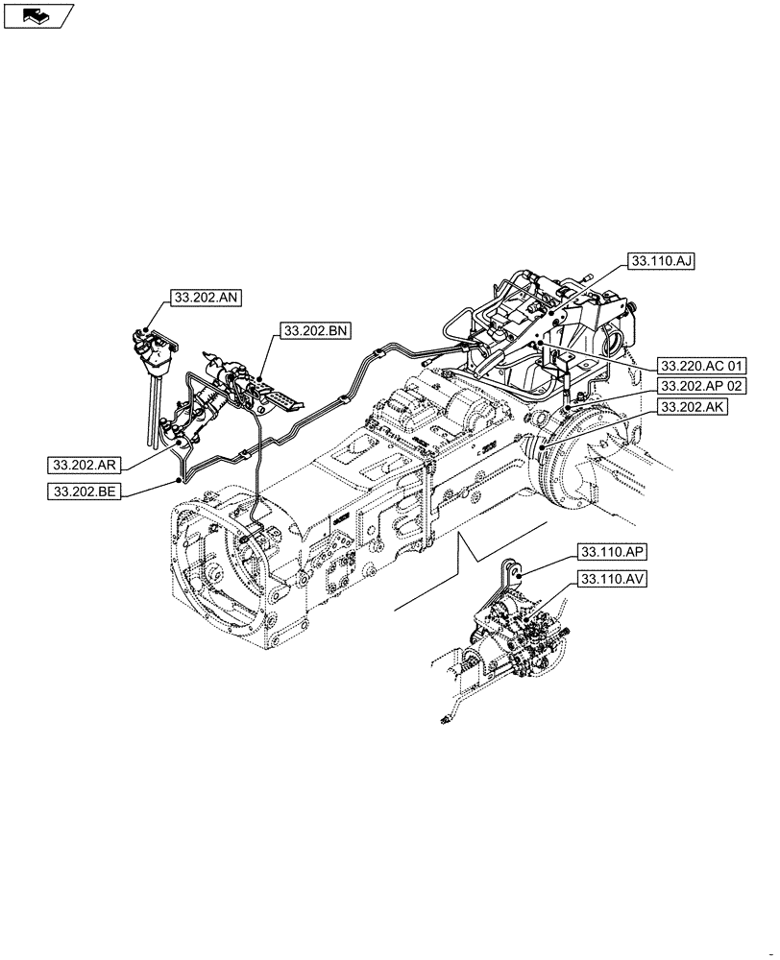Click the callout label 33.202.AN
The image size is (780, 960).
206,298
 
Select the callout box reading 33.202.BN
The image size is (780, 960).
316,331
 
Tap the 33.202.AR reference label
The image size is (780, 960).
81,466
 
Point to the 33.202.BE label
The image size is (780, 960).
81,492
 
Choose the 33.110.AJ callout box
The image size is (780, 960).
660,261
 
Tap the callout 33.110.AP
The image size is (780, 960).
611,552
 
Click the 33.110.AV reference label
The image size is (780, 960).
611,579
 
